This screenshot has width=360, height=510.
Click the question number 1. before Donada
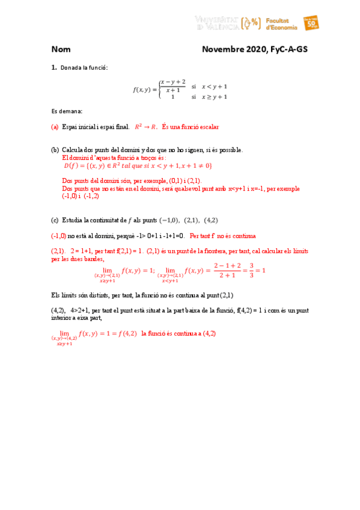(x=53, y=68)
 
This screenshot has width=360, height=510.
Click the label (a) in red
(x=55, y=127)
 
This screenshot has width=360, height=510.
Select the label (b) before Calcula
(x=55, y=149)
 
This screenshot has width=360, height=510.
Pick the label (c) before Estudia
(x=55, y=220)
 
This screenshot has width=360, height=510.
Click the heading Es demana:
(x=67, y=111)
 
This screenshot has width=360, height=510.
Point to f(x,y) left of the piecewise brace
(x=144, y=90)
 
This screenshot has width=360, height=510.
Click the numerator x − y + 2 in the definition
(x=172, y=82)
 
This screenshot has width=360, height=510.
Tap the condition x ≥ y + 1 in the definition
(x=214, y=96)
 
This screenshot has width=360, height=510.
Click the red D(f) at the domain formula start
(x=71, y=165)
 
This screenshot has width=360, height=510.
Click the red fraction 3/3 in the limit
(x=253, y=271)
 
